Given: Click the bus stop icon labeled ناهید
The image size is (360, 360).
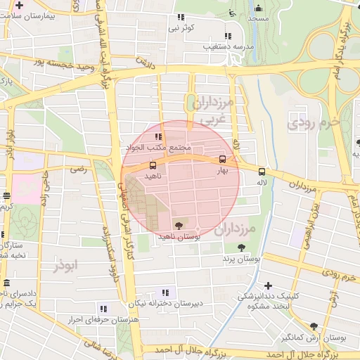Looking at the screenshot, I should tap(153, 165).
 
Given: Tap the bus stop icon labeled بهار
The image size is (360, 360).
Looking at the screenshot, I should tap(223, 159).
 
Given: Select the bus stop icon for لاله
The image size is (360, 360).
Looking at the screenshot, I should tap(262, 171).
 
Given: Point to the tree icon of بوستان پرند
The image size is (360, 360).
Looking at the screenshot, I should tap(241, 247).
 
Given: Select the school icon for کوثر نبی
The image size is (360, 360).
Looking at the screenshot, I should tap(181, 17).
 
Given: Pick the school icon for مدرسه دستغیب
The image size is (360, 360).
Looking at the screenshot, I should tap(226, 35).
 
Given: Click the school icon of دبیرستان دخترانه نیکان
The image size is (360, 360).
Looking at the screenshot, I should tap(166, 292).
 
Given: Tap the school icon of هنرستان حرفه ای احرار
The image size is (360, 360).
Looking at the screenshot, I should tap(103, 308).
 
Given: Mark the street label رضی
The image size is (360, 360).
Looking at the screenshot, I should tap(79, 169).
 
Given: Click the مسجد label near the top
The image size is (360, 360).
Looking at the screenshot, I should tap(258, 18).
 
